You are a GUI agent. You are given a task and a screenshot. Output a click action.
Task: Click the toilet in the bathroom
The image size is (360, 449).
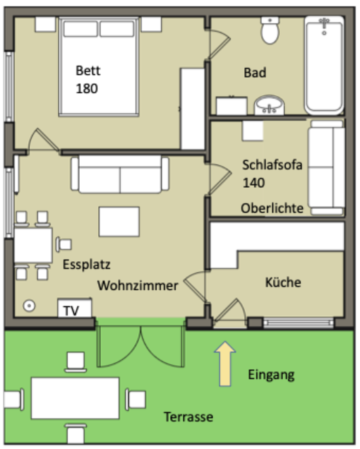(270, 30)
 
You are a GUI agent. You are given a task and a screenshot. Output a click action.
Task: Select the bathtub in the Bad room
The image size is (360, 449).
(324, 66)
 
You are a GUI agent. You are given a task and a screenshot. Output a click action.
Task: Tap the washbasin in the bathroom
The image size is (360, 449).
(269, 106)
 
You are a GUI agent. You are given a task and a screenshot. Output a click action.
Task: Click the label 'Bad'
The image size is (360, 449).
(255, 73)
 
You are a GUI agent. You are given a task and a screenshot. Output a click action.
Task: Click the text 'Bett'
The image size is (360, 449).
(88, 71)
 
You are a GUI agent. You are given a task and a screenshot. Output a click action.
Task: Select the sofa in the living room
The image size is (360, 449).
(120, 174)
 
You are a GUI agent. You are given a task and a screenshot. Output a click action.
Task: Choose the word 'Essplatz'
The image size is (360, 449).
(86, 265)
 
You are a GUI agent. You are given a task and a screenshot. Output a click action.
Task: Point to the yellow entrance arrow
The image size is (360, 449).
(224, 364)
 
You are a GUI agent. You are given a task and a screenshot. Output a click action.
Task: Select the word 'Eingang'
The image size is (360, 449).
(271, 375)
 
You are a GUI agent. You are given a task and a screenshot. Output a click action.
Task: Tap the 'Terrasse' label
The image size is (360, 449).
(188, 417)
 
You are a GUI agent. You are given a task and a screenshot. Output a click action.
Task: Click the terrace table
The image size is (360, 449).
(76, 398)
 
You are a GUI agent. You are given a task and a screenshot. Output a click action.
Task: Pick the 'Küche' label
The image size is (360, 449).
(283, 282)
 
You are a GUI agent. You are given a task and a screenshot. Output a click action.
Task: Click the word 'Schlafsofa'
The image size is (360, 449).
(272, 165)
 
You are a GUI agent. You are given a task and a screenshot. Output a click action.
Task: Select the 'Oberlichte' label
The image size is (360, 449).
(272, 208)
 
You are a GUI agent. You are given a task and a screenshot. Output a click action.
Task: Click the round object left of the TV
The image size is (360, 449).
(29, 305)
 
